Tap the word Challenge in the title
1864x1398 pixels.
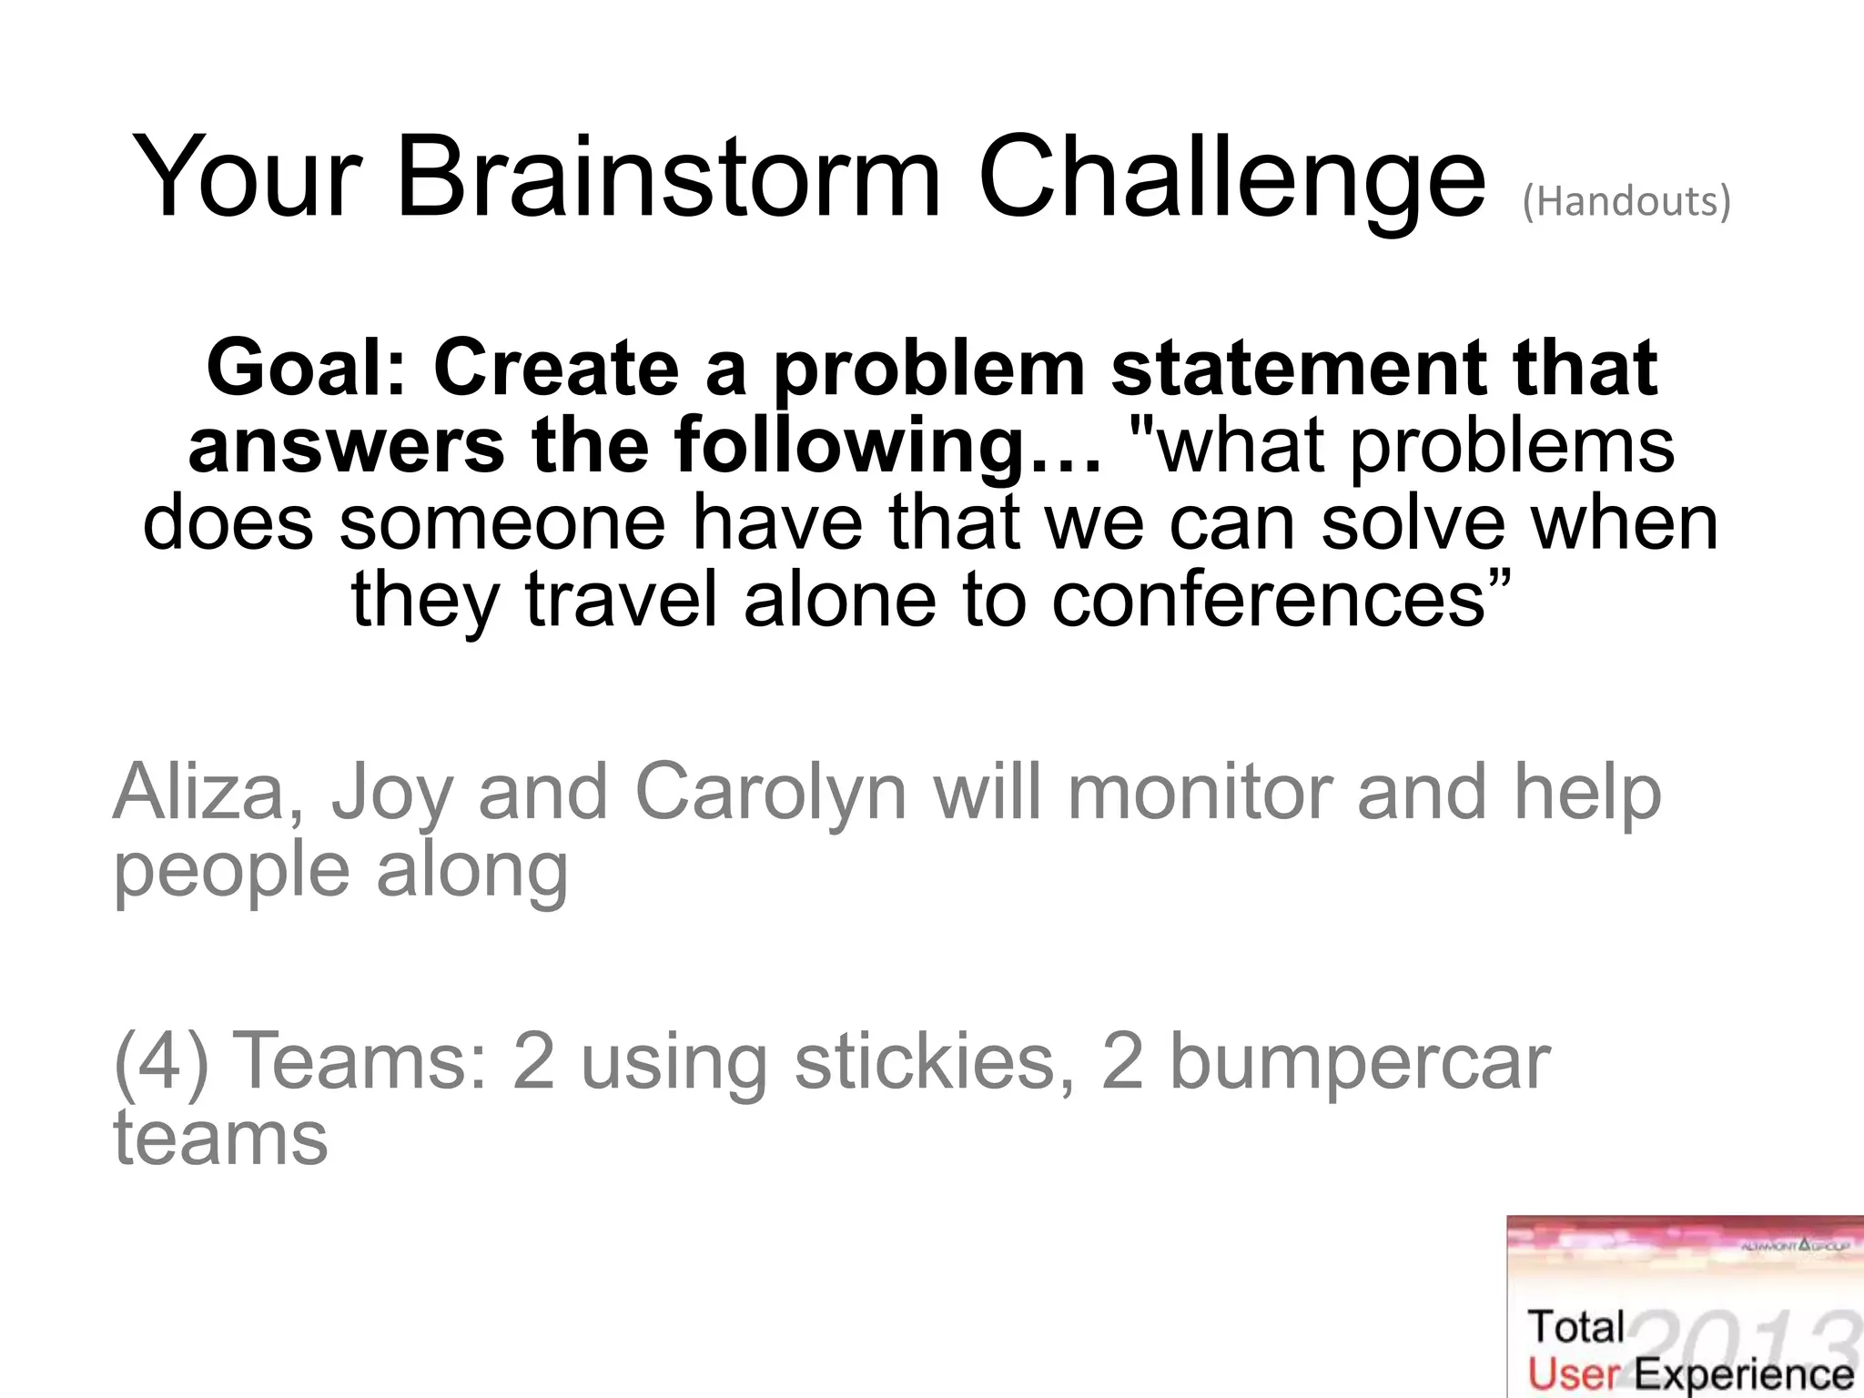(x=1231, y=177)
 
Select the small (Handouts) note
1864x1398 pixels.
(x=1626, y=202)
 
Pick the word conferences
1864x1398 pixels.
(x=1270, y=600)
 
